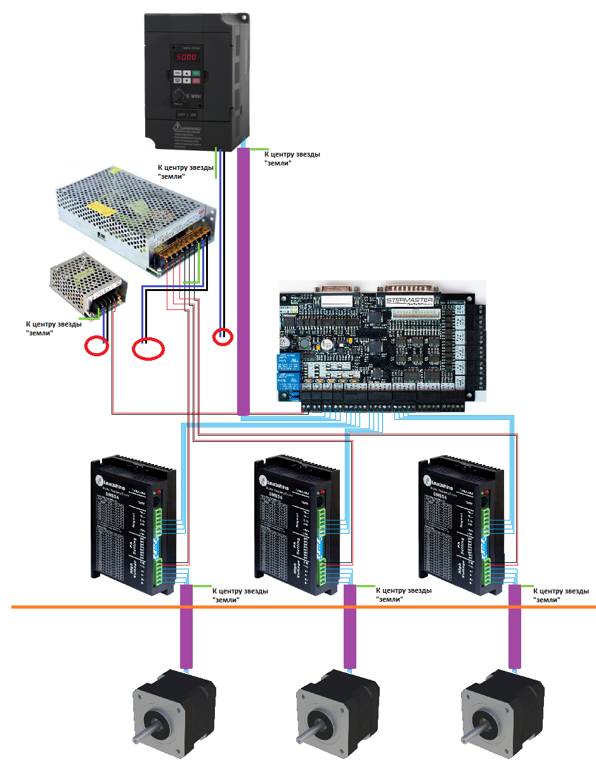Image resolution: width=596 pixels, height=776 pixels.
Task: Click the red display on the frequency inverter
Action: pos(186,57)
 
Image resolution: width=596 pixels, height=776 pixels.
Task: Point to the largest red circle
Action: pos(148,349)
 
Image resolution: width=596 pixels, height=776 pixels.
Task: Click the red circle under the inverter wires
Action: pos(223,337)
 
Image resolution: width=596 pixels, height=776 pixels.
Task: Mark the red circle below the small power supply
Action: pos(97,346)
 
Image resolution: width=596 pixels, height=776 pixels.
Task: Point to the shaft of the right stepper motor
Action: pos(472,735)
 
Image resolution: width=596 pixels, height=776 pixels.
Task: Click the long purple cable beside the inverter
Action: pos(243,279)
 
